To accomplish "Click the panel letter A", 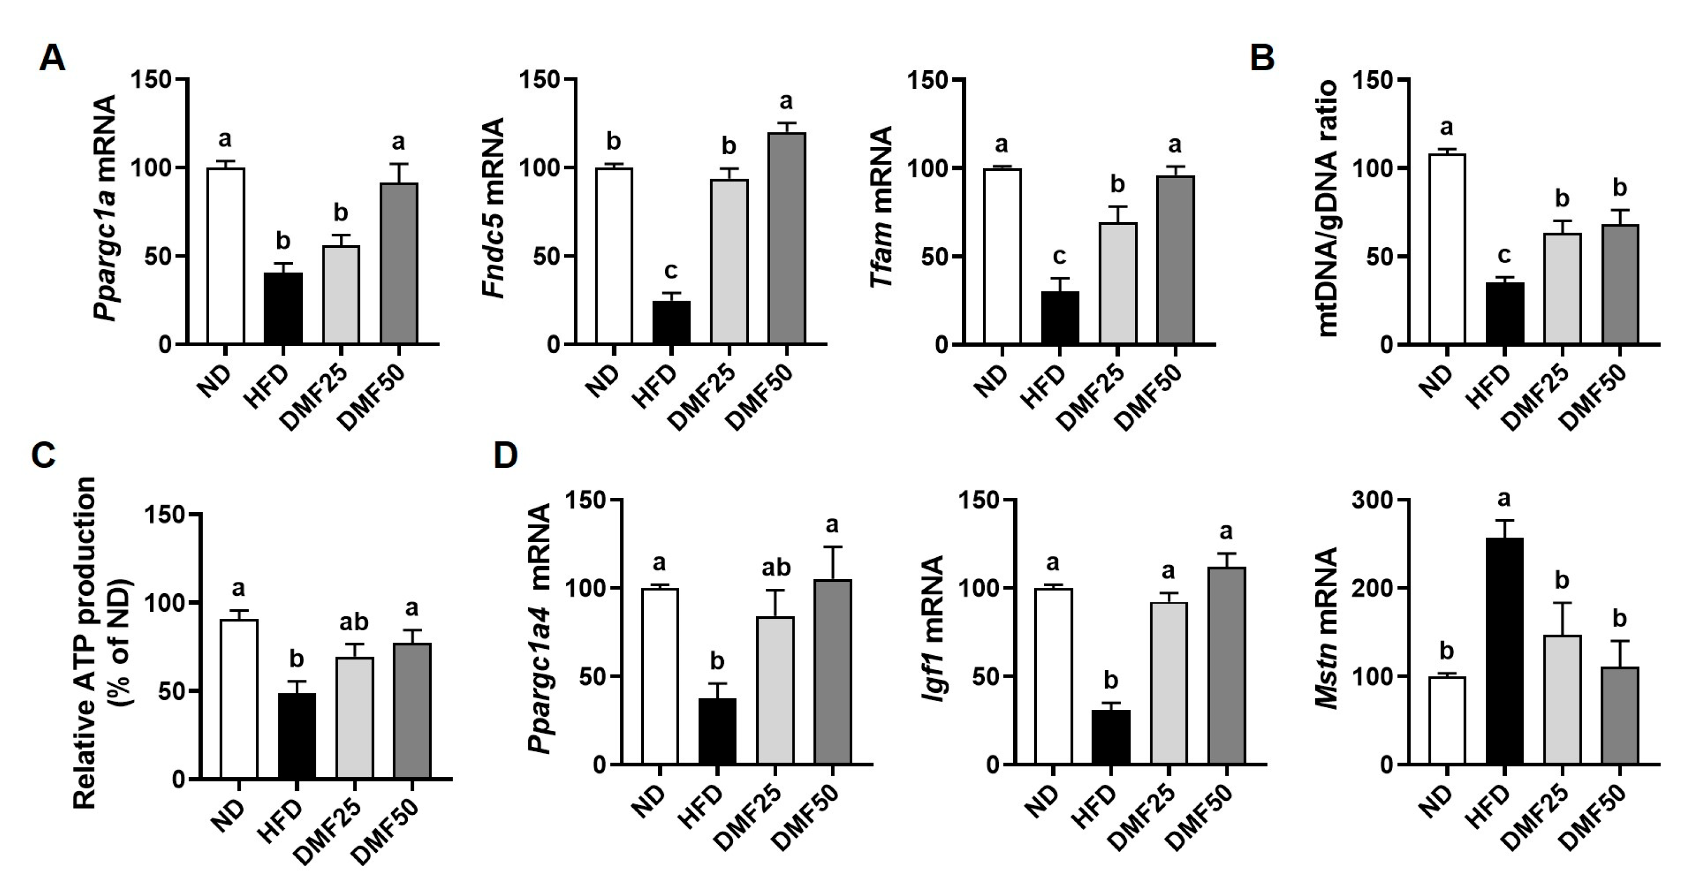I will [52, 58].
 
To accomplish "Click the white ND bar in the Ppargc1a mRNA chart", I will [225, 256].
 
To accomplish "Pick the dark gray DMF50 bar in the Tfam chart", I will [1175, 260].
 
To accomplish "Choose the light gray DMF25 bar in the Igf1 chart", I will [1168, 683].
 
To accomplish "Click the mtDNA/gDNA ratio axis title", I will [1327, 209].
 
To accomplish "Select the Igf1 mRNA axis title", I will [932, 629].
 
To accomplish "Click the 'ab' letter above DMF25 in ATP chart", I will [353, 622].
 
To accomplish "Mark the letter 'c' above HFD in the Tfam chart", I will [1059, 255].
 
